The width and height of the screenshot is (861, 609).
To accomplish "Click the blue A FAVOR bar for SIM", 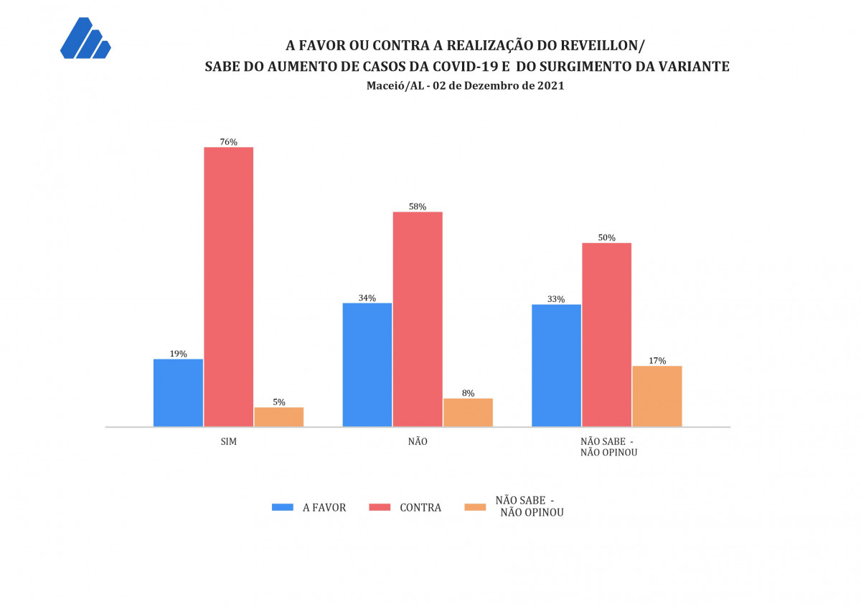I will (x=179, y=392).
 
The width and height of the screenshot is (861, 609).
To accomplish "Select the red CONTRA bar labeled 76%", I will (x=229, y=287).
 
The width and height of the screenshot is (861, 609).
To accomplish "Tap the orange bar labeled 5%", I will (x=279, y=417).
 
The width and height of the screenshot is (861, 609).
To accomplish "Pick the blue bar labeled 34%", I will (x=367, y=364).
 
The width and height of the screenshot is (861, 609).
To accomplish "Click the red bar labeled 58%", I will (x=418, y=319).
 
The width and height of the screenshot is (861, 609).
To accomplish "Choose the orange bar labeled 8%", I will (x=468, y=412).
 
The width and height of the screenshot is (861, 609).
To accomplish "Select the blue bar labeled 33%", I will (x=556, y=365).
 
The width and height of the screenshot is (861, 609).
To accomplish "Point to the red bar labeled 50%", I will (x=606, y=334).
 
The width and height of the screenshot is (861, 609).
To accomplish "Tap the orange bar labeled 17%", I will (x=657, y=396).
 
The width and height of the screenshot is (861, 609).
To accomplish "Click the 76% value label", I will (x=229, y=142).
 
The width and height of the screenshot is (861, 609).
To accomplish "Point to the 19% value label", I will (x=179, y=354).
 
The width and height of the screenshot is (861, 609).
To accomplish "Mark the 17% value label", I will (x=657, y=361).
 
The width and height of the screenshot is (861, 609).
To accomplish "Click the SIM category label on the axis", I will (x=229, y=442).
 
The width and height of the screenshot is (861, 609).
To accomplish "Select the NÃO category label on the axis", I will (x=418, y=442).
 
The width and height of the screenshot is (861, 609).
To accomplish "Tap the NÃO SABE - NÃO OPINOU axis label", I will (x=607, y=447).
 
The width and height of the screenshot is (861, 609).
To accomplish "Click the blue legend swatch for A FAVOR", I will (x=283, y=507).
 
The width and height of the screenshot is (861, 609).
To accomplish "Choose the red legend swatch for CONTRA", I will (x=379, y=507).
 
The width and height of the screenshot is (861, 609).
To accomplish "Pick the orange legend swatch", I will (x=475, y=507).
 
